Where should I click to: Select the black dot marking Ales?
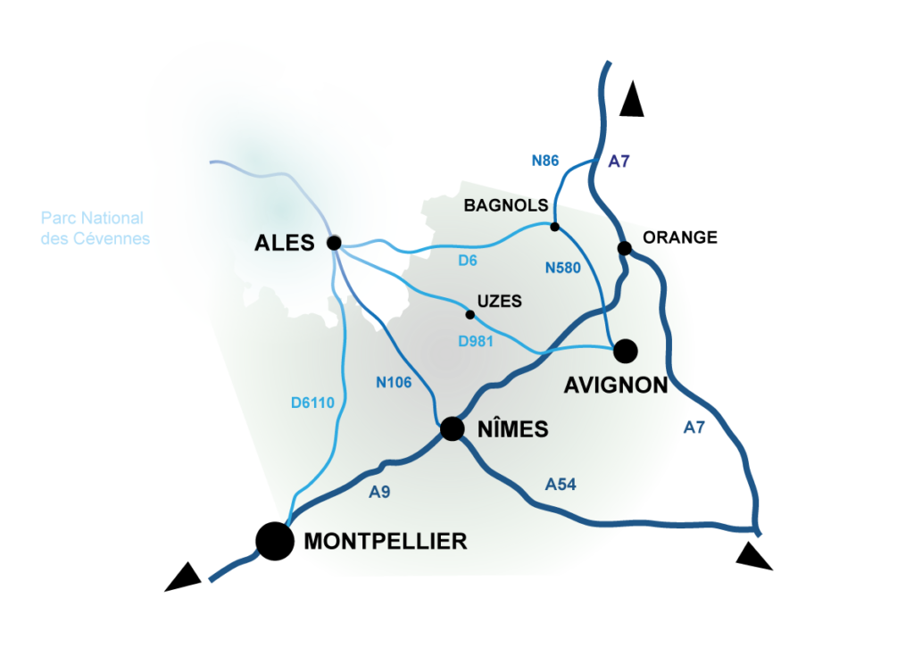pos(334,242)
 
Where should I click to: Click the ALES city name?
pos(285,242)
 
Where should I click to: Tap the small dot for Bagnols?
pos(554,227)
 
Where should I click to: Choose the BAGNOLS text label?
pos(505,205)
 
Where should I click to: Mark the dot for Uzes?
pos(470,314)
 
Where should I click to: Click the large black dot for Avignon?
pos(625,351)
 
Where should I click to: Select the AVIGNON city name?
pos(616,385)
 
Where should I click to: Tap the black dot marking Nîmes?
pos(453,429)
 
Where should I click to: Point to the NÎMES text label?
pos(512,429)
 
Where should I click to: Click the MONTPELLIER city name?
pos(386,541)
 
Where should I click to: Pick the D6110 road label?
pos(312,403)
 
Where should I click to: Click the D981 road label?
pos(476,341)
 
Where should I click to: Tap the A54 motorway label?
pos(561,485)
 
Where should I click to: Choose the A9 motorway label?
pos(379,492)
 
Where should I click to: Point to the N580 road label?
pos(562,266)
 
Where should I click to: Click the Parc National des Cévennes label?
pos(93,228)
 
